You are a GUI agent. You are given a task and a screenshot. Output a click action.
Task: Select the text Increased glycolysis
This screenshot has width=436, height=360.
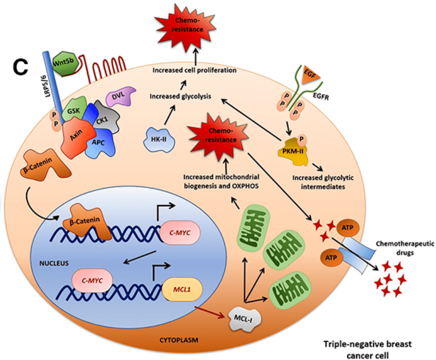[x=181, y=97]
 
